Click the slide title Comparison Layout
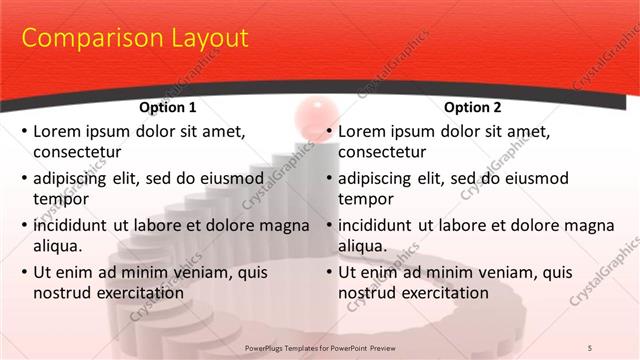pyautogui.click(x=135, y=39)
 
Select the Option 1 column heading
pyautogui.click(x=166, y=107)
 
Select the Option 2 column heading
pyautogui.click(x=472, y=107)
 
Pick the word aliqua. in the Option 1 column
pyautogui.click(x=58, y=246)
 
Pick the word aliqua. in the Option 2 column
pyautogui.click(x=363, y=246)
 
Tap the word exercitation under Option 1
pyautogui.click(x=135, y=293)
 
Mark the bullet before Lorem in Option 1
pyautogui.click(x=24, y=131)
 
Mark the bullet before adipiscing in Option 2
pyautogui.click(x=329, y=178)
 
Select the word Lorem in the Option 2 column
pyautogui.click(x=362, y=130)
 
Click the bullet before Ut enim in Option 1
pyautogui.click(x=24, y=271)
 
